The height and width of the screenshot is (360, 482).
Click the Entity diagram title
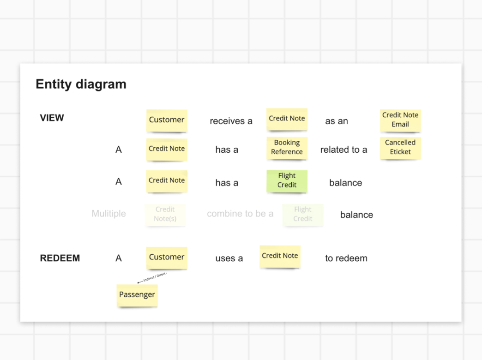coord(81,84)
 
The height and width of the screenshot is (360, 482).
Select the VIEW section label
coord(52,118)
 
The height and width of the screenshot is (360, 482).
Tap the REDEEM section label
coord(60,258)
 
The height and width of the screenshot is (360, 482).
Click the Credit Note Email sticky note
coord(400,120)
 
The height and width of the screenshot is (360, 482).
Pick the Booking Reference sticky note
coord(287,148)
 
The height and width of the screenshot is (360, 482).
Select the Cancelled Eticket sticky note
coord(400,148)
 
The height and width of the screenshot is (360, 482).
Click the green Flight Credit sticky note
coord(287,180)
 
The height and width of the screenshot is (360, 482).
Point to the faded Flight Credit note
coord(303,215)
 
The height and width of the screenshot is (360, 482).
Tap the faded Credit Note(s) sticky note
coord(165,215)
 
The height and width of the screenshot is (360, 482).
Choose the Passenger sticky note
coord(137,295)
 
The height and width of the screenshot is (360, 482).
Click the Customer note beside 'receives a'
coord(167,120)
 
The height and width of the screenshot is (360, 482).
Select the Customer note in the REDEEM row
coord(167,258)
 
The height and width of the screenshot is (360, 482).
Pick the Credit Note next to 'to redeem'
coord(280,256)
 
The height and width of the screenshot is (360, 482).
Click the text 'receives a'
coord(231,121)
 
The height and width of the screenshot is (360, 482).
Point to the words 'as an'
coord(337,121)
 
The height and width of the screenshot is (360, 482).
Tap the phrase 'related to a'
coord(344,150)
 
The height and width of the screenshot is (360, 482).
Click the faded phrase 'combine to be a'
coord(240,214)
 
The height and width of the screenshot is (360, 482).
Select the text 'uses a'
coord(229,258)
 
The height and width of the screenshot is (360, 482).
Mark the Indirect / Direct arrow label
coord(154,277)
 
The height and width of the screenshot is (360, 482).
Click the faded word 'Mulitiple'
coord(108,214)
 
